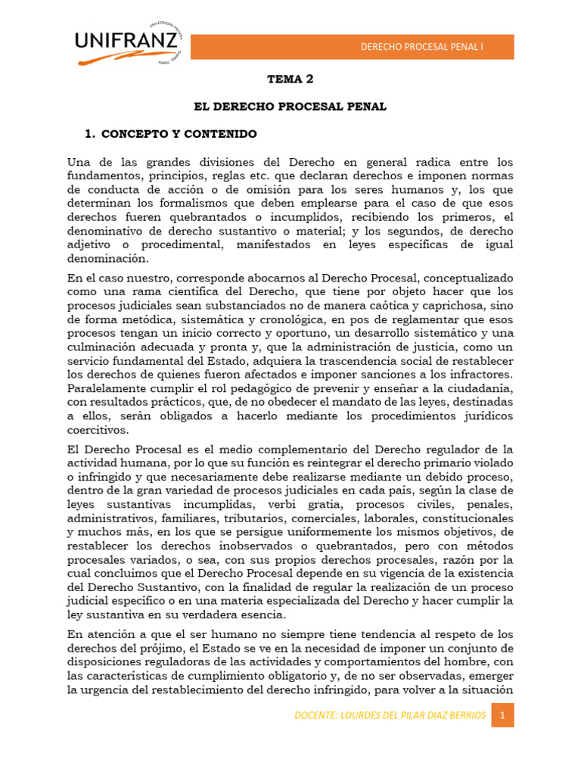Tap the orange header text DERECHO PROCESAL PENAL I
(x=421, y=47)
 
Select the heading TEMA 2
(x=290, y=79)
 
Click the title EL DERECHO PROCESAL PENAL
(x=290, y=107)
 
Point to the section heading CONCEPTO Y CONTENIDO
(x=179, y=134)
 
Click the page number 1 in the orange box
(x=502, y=715)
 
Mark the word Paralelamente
(x=109, y=388)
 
